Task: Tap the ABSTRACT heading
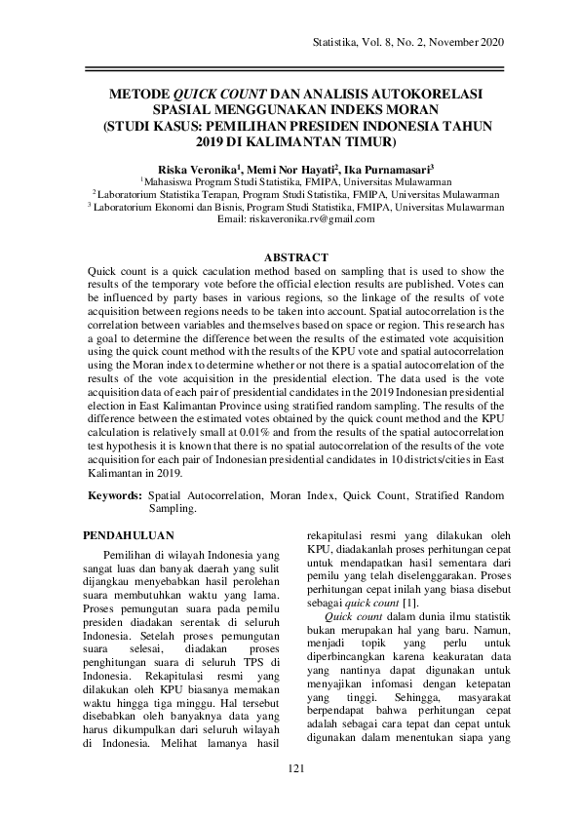[296, 256]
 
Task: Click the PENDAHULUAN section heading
[128, 535]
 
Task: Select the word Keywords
[114, 496]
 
